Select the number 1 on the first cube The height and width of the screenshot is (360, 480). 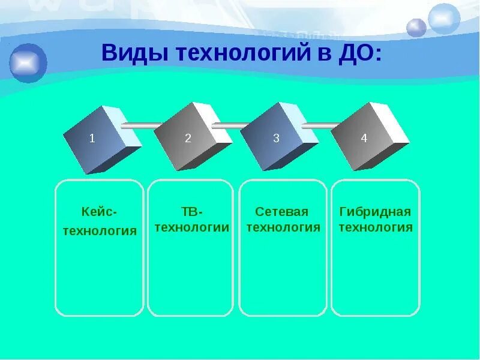[x=92, y=139]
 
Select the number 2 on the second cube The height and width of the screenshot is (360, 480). [x=188, y=139]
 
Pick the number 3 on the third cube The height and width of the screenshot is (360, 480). [x=276, y=139]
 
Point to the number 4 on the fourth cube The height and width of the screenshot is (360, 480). [x=364, y=139]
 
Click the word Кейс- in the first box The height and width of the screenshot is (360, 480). [x=100, y=212]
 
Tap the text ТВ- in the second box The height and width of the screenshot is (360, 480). [x=192, y=212]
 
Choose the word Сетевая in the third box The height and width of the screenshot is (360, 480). [x=282, y=212]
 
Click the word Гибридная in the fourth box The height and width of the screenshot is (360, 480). [x=375, y=212]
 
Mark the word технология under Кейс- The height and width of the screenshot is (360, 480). [x=100, y=230]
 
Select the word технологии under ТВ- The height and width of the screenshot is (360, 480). [x=192, y=227]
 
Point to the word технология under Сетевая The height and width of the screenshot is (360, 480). [x=283, y=227]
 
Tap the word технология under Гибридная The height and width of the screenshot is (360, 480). [x=376, y=227]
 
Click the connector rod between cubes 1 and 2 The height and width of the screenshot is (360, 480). [x=140, y=125]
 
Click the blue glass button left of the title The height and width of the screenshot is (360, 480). [x=28, y=62]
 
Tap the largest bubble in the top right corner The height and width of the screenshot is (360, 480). [x=444, y=18]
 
